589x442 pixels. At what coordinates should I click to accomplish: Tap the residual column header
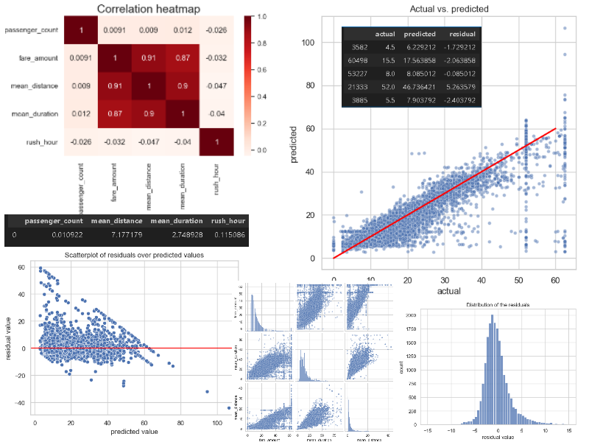click(460, 34)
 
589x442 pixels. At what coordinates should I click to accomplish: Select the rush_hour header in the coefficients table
click(228, 221)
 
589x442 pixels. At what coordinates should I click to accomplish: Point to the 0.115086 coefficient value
click(228, 236)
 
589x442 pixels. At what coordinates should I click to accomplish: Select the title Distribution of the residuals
click(498, 305)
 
